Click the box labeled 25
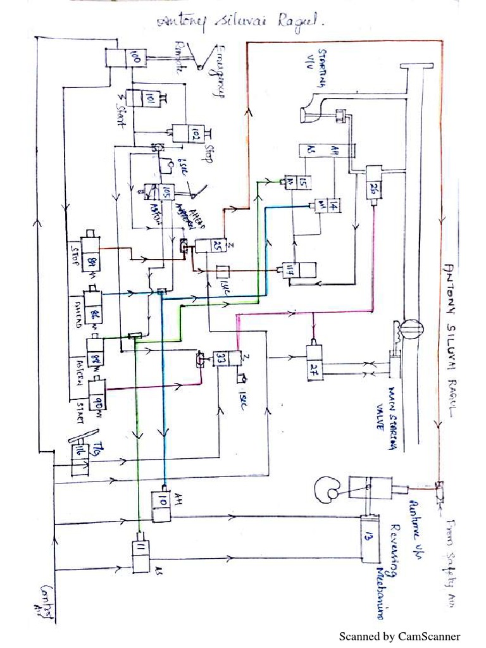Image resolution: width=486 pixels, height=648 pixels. (209, 246)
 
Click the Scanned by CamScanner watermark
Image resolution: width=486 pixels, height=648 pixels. (400, 636)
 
